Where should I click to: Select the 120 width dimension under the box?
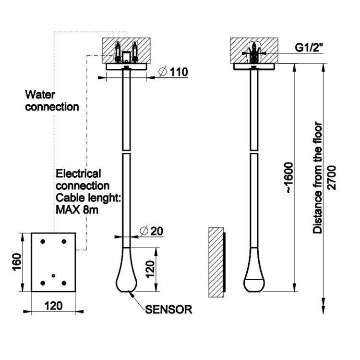(x=53, y=306)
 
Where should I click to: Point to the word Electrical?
(x=78, y=173)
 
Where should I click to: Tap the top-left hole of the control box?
(x=43, y=241)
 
